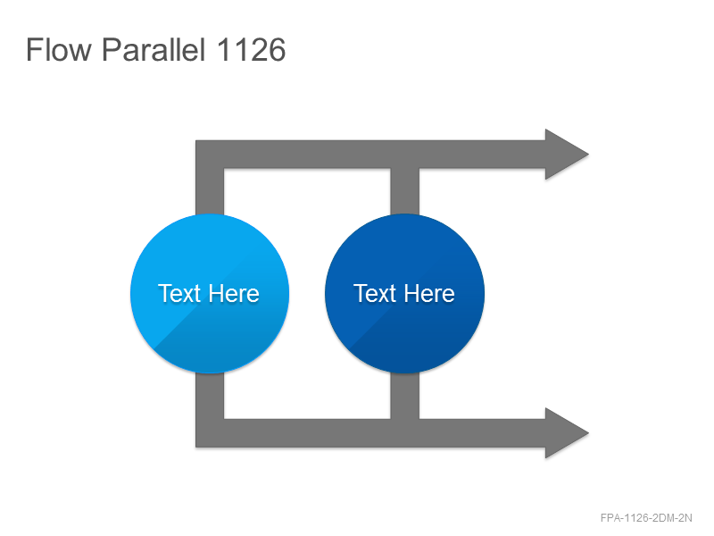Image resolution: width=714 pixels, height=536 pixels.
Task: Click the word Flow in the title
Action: pyautogui.click(x=59, y=49)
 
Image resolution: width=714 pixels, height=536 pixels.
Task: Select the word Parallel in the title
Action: pyautogui.click(x=154, y=49)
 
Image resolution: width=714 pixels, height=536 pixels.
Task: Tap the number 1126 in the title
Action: pyautogui.click(x=251, y=49)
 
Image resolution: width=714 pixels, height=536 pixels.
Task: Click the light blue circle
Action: pyautogui.click(x=210, y=294)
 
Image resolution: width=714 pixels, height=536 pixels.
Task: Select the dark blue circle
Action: pyautogui.click(x=405, y=294)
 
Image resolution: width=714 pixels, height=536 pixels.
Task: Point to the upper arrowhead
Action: pyautogui.click(x=567, y=154)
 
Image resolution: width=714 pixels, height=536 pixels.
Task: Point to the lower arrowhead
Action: pyautogui.click(x=567, y=432)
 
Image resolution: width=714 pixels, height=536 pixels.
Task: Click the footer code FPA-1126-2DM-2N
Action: pyautogui.click(x=646, y=518)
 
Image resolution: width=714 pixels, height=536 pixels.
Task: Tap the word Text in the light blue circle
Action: pyautogui.click(x=179, y=293)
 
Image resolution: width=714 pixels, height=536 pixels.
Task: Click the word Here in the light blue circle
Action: pyautogui.click(x=235, y=293)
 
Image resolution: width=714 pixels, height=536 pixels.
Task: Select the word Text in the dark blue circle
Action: pyautogui.click(x=374, y=293)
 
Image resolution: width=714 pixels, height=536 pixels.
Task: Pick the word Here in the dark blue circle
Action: pyautogui.click(x=430, y=293)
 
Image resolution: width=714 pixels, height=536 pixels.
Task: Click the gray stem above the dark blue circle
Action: pyautogui.click(x=405, y=191)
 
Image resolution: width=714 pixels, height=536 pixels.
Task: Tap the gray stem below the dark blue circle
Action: pyautogui.click(x=405, y=396)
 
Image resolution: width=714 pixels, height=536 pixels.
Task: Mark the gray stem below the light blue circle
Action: pyautogui.click(x=210, y=396)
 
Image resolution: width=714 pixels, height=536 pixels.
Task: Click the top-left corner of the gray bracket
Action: pyautogui.click(x=196, y=141)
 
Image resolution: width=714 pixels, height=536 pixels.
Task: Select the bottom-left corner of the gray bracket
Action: pyautogui.click(x=196, y=447)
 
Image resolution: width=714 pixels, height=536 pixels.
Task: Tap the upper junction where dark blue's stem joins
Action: pyautogui.click(x=405, y=155)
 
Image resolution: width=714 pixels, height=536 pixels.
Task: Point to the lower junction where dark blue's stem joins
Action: pyautogui.click(x=405, y=433)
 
